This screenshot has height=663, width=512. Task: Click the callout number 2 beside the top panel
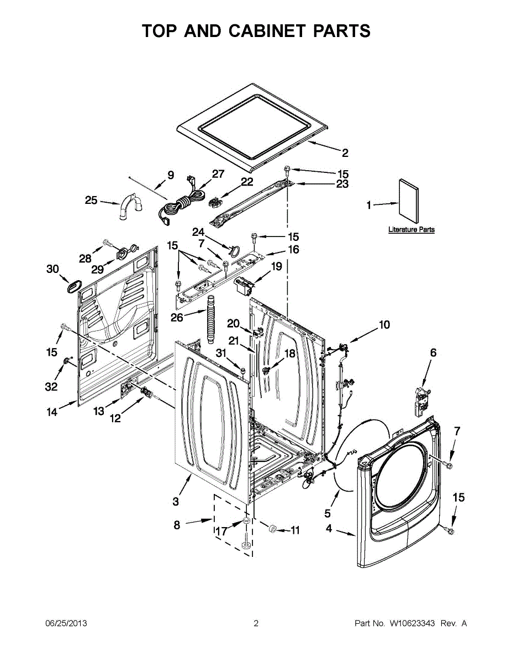[345, 153]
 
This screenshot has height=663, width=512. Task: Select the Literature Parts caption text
[411, 229]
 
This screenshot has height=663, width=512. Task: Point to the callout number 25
[91, 200]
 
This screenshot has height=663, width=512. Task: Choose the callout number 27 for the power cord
[218, 174]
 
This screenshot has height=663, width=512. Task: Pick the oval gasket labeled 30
[72, 286]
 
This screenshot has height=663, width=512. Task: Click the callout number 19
[276, 266]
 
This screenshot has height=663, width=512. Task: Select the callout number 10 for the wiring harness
[384, 324]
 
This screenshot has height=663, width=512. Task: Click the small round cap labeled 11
[272, 529]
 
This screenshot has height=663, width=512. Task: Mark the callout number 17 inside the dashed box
[221, 531]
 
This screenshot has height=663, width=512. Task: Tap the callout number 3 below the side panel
[176, 502]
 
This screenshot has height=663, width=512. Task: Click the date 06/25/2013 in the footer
[66, 623]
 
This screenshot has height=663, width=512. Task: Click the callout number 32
[51, 387]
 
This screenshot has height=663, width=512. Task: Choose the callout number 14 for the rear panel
[52, 412]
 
